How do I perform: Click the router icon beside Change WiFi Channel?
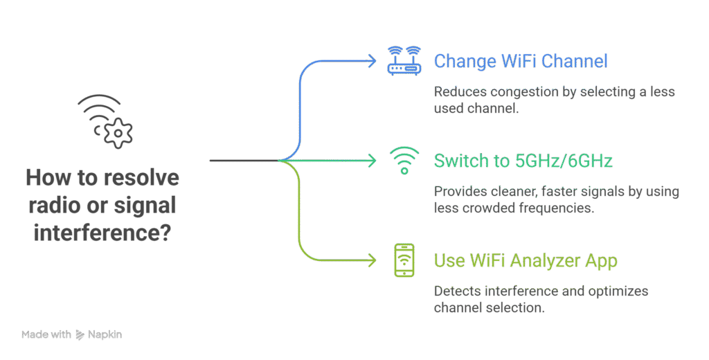click(x=404, y=60)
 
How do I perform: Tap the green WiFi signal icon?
click(x=404, y=160)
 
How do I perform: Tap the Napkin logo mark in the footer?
click(x=80, y=335)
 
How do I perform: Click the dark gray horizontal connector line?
click(x=242, y=161)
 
